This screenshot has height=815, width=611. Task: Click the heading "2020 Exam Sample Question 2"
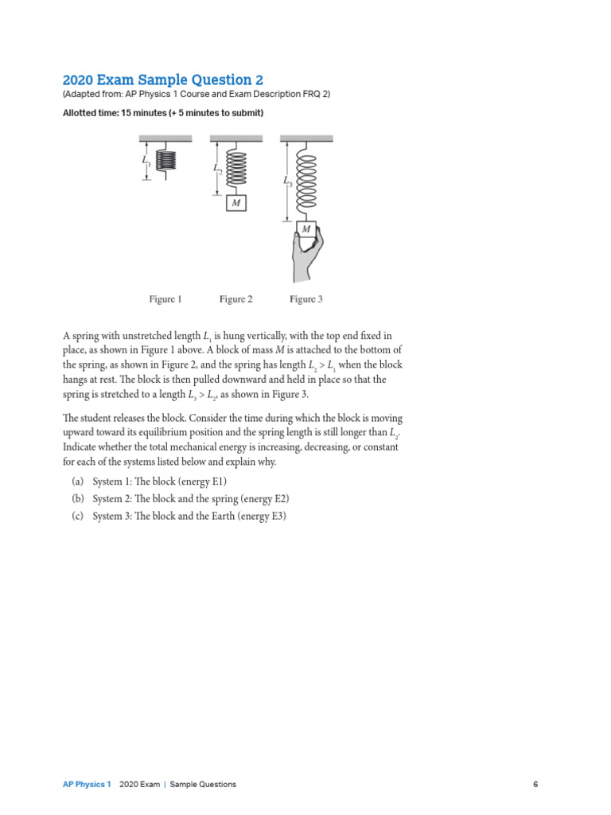(x=162, y=80)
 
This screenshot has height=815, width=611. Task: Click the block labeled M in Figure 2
(x=235, y=204)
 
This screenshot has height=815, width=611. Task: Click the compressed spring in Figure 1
(x=166, y=160)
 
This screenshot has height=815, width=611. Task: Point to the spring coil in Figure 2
(x=236, y=168)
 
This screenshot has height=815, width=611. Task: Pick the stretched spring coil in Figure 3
(x=306, y=182)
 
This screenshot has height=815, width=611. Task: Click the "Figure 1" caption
(x=165, y=299)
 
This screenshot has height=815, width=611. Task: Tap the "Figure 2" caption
(x=235, y=299)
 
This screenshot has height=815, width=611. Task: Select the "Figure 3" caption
(x=305, y=299)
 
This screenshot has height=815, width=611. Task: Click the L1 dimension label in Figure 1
(x=146, y=162)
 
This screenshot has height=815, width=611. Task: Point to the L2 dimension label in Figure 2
(x=217, y=169)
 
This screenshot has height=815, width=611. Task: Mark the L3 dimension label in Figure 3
(x=287, y=181)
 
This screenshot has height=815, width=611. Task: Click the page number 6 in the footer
(x=535, y=784)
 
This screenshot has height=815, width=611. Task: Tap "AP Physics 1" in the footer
(x=87, y=784)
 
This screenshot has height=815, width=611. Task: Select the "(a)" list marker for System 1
(x=77, y=482)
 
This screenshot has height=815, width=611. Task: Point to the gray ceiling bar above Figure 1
(x=166, y=138)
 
